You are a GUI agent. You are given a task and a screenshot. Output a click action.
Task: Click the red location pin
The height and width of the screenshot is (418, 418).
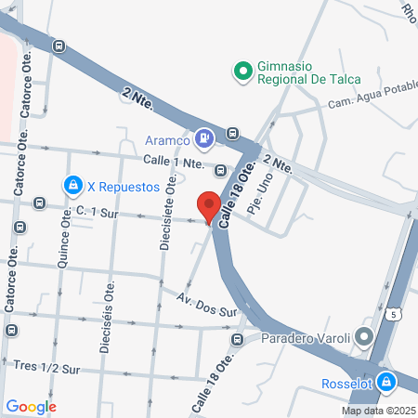tap(209, 205)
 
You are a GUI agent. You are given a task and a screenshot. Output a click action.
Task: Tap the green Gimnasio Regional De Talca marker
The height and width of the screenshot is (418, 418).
tap(242, 70)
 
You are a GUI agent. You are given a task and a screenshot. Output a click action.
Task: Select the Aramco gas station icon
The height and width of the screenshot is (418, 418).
tap(205, 139)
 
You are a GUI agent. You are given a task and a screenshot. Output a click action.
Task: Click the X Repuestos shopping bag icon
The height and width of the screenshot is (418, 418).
tap(72, 185)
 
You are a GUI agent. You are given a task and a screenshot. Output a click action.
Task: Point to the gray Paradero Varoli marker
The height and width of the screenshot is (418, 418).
tap(363, 336)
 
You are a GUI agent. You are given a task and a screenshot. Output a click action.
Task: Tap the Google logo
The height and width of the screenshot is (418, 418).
tap(31, 406)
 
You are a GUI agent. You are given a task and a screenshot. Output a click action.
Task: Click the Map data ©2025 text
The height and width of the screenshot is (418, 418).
tap(378, 411)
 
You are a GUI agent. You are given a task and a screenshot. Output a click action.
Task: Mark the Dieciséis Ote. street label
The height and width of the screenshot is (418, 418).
tap(106, 316)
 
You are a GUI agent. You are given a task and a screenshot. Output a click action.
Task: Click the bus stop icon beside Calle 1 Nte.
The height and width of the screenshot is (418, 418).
tap(220, 170)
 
